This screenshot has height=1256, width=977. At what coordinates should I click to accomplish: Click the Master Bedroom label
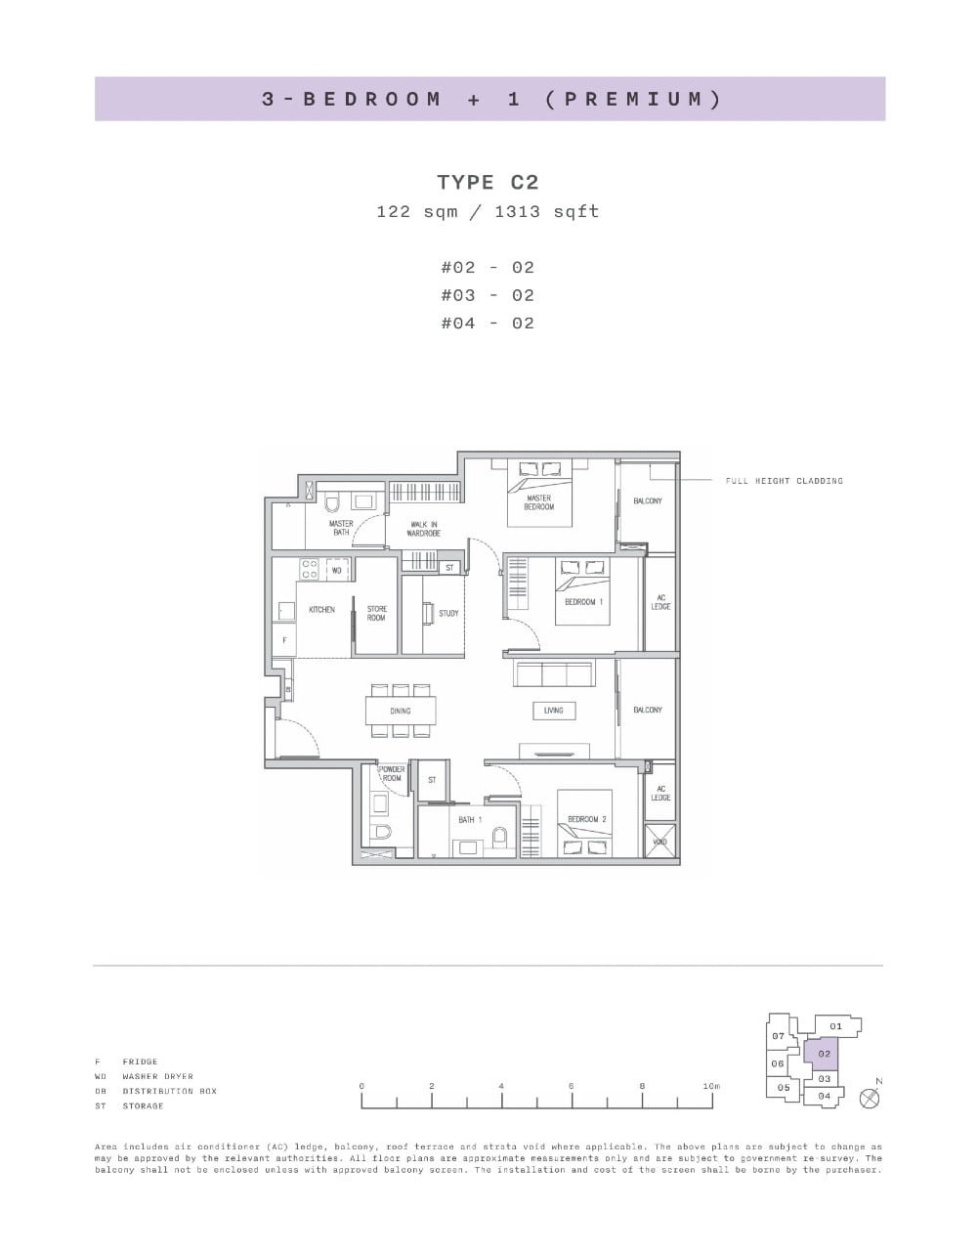pos(538,502)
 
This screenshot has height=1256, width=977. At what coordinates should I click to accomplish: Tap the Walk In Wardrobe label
pos(424,529)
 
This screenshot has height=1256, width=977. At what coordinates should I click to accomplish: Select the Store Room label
pos(377,613)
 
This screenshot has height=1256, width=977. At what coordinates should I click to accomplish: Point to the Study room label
pos(448,613)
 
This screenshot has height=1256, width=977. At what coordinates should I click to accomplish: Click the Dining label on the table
pos(401,711)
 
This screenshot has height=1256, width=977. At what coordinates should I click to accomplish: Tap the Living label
pos(553,711)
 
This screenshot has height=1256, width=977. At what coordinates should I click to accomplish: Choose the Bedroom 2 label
pos(587,819)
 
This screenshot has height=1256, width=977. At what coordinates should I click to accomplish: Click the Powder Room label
pos(392,773)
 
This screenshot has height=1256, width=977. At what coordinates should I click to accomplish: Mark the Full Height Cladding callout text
pos(784,481)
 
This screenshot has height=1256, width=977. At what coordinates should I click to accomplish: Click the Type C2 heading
pos(488,183)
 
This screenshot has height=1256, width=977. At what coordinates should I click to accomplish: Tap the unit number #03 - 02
pos(488,295)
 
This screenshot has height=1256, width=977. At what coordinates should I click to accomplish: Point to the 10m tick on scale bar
pos(712,1087)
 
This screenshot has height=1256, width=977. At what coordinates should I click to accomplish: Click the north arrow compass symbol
pos(869,1098)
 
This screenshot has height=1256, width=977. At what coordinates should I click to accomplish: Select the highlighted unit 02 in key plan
pos(824,1054)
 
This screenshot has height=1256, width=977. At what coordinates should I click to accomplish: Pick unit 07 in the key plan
pos(779,1036)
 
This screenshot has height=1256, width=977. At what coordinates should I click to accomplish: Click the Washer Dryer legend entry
pos(157,1076)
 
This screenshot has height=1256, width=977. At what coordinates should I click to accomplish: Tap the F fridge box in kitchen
pos(284,640)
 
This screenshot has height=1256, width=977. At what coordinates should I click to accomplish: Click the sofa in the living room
pos(553,675)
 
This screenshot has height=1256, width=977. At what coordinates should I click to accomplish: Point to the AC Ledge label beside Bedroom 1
pos(660,602)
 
